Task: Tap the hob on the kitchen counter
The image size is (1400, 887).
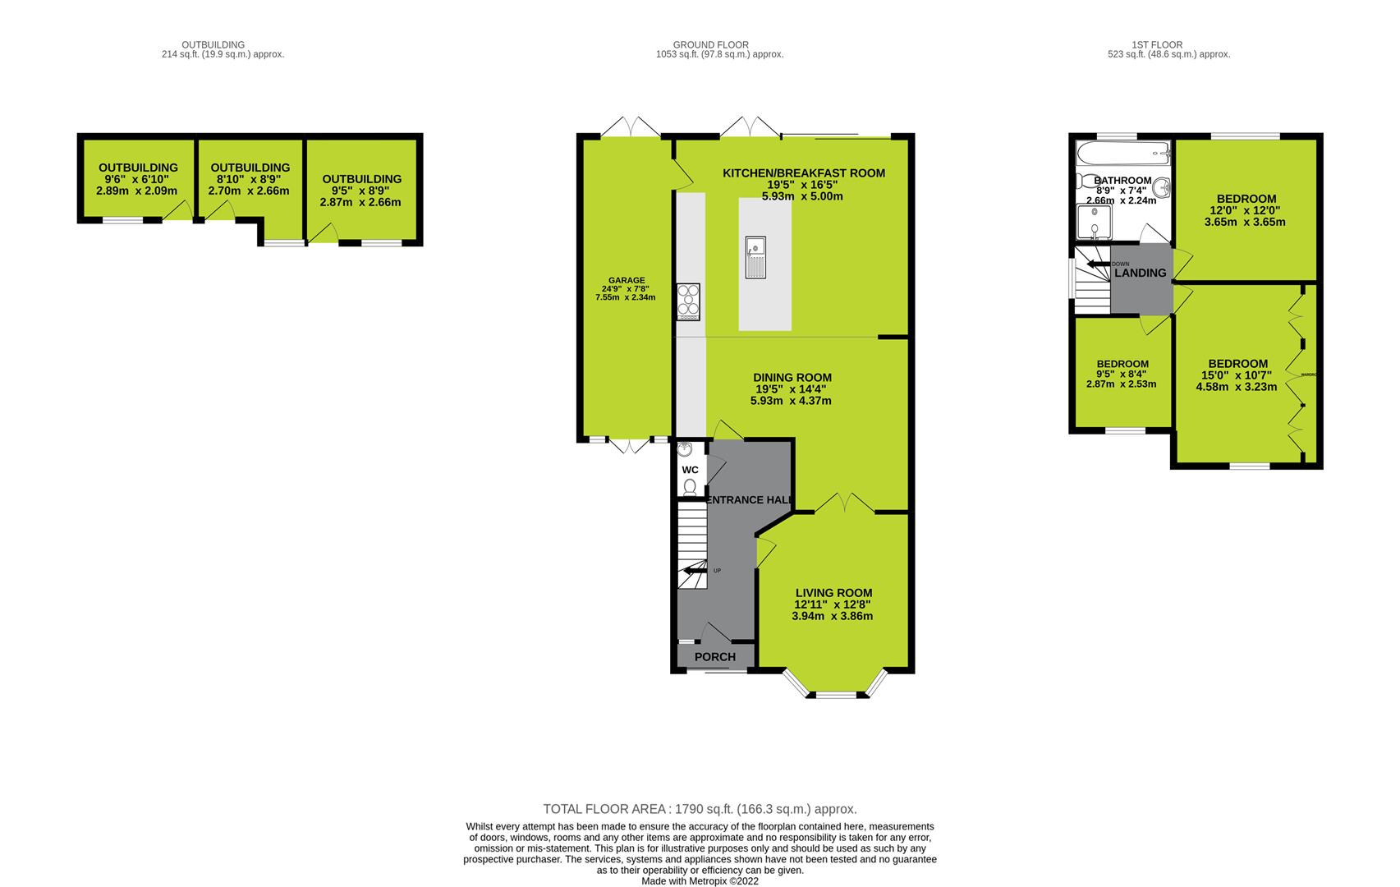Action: [x=688, y=301]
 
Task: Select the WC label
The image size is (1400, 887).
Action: [x=691, y=470]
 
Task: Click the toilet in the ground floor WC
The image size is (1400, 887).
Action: [x=690, y=487]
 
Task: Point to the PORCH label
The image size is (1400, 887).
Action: [x=715, y=657]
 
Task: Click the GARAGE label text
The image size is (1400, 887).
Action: [x=626, y=280]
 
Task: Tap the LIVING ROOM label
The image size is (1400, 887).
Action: [x=833, y=593]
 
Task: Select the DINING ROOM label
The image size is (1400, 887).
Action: [x=792, y=378]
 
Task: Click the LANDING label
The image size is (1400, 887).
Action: [x=1141, y=273]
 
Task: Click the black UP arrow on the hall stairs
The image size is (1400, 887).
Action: [x=695, y=570]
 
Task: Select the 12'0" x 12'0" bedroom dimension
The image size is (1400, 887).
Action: [x=1246, y=210]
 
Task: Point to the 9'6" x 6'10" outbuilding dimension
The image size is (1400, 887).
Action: [x=138, y=179]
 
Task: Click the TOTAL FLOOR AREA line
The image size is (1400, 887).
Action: [x=700, y=809]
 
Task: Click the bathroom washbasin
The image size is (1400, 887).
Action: [x=1161, y=189]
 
